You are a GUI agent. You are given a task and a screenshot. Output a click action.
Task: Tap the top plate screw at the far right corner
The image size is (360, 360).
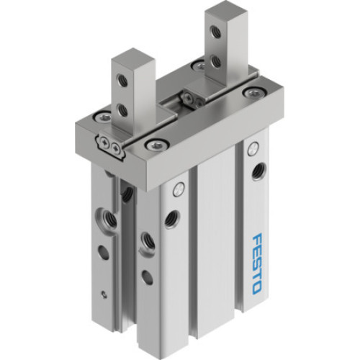(x=250, y=92)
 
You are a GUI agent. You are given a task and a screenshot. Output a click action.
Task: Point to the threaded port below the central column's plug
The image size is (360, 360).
(x=173, y=218)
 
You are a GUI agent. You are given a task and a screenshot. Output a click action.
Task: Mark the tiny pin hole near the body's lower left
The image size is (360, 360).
(x=104, y=292)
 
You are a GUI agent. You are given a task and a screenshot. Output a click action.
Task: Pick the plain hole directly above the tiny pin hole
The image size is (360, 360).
(x=101, y=252)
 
